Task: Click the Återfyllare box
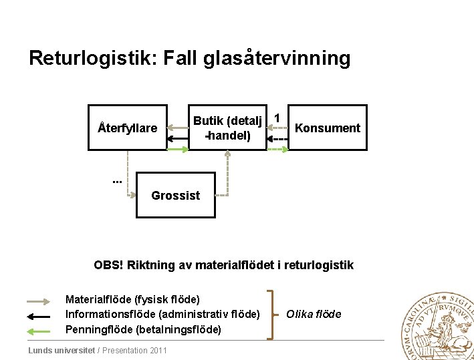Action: click(x=128, y=128)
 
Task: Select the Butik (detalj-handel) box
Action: click(x=227, y=128)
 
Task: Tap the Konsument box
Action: click(x=328, y=128)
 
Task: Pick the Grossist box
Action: click(x=176, y=195)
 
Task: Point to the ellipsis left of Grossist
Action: click(x=116, y=180)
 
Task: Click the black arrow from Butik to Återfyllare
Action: click(x=177, y=138)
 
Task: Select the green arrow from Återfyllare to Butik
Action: click(x=177, y=149)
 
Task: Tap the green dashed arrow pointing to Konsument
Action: click(x=278, y=149)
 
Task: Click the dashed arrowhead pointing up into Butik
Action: click(x=228, y=154)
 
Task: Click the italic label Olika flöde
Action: click(x=314, y=314)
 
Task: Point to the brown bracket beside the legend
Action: click(x=271, y=315)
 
